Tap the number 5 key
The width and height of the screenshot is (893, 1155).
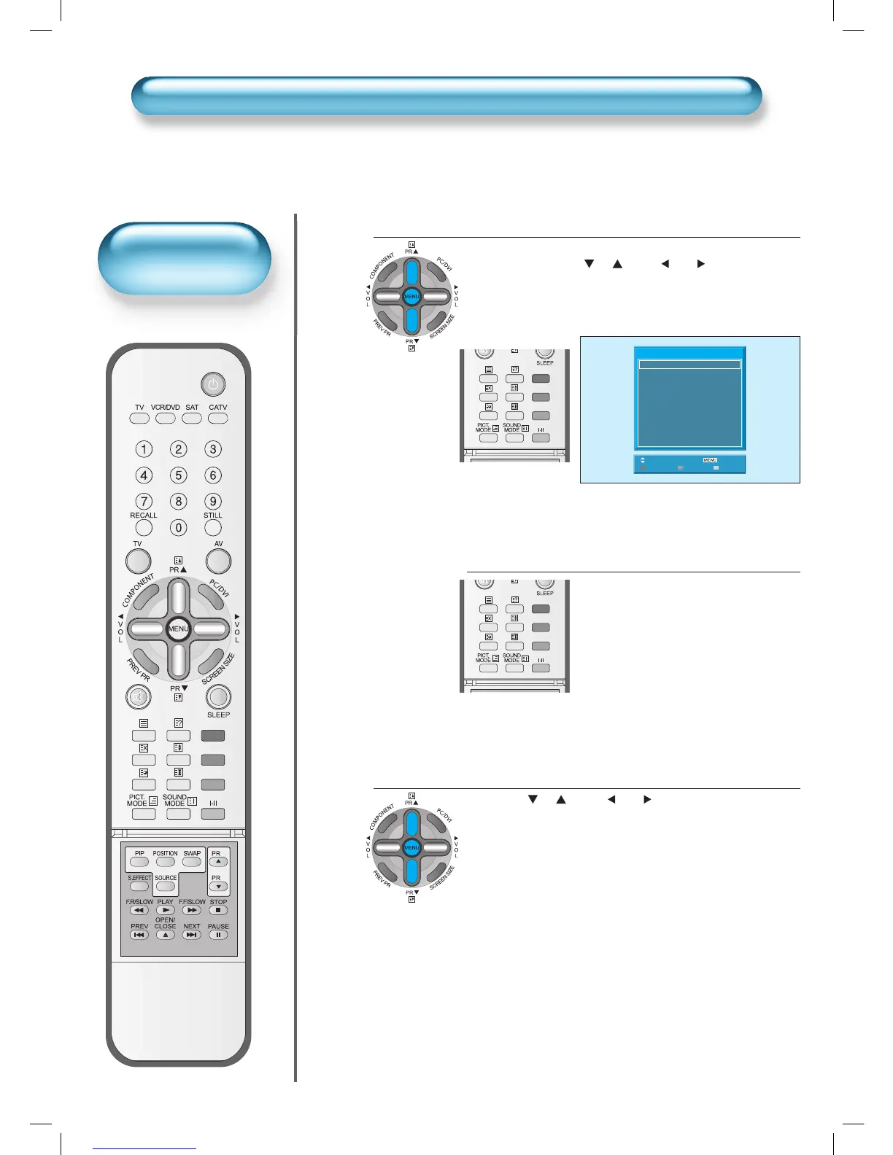[x=179, y=475]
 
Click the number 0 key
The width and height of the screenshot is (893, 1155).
[x=179, y=527]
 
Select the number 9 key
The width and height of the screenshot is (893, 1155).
[x=213, y=502]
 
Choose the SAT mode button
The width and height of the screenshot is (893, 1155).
[x=192, y=419]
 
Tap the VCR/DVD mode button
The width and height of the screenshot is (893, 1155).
[x=166, y=419]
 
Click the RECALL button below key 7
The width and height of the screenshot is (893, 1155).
[x=144, y=527]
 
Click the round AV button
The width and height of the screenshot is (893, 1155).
[x=218, y=561]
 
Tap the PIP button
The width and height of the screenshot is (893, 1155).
[x=139, y=862]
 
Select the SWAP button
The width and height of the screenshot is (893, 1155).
[x=192, y=862]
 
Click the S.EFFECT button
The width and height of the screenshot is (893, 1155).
[x=139, y=887]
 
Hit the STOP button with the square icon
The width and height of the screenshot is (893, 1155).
[x=218, y=910]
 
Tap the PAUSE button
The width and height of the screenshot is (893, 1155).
[x=218, y=935]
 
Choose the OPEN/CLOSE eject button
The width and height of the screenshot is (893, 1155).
[x=166, y=935]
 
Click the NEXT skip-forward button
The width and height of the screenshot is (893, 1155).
[x=192, y=935]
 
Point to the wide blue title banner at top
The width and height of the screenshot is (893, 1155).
[x=446, y=96]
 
